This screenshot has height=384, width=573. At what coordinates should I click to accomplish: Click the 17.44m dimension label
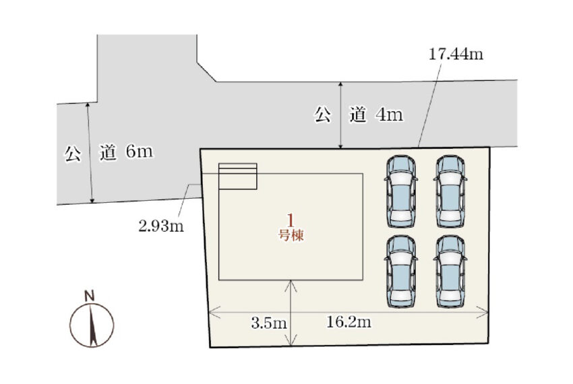tap(456, 54)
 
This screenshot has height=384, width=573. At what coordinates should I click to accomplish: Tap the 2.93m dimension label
tap(161, 226)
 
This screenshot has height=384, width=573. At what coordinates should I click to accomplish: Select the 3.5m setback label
tap(268, 323)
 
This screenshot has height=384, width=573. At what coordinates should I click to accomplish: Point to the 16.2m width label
tap(349, 322)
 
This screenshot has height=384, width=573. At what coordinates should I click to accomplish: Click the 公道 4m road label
tap(359, 115)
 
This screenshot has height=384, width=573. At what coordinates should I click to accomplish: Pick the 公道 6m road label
tap(109, 152)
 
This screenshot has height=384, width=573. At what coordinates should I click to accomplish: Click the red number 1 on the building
tap(291, 221)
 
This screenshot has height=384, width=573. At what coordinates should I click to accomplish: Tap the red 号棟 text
tap(291, 235)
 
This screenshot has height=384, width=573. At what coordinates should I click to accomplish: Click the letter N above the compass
tap(89, 296)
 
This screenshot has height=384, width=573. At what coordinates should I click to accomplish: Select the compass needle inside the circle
tap(92, 325)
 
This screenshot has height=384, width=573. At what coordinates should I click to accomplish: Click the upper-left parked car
tap(401, 191)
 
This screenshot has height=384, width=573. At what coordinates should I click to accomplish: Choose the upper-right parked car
tap(450, 191)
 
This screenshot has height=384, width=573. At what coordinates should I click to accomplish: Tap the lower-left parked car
tap(401, 271)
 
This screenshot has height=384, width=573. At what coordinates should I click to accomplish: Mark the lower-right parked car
tap(450, 271)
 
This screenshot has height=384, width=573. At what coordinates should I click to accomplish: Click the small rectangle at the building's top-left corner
tap(237, 176)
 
